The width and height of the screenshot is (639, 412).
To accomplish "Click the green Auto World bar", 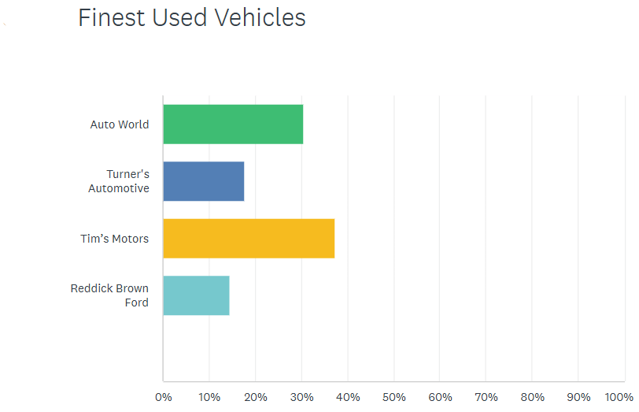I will (233, 124).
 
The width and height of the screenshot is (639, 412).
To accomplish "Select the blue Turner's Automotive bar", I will (203, 181).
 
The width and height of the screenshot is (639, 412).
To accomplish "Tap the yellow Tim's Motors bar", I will (249, 238).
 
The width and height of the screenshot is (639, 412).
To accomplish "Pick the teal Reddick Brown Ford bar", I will (196, 295).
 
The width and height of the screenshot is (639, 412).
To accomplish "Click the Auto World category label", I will (120, 124).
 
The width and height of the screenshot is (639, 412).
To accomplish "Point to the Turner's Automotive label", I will (119, 181).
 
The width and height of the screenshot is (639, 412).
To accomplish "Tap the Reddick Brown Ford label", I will (109, 295).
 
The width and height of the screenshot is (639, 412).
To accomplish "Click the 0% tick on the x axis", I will (163, 396).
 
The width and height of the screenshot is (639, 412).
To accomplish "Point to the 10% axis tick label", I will (209, 396).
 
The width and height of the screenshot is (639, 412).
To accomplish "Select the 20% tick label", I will (255, 396).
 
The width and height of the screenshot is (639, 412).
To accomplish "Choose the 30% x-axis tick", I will (301, 396).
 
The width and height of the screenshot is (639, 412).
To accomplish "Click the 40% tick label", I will (348, 396).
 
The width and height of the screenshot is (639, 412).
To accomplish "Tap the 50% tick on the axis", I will (393, 396).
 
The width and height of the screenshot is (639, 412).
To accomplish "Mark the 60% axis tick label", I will (440, 396).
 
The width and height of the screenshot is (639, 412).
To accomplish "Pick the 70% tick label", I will (486, 396).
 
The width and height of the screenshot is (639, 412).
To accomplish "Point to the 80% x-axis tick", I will (533, 396).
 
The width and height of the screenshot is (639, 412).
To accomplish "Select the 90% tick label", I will (578, 396).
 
